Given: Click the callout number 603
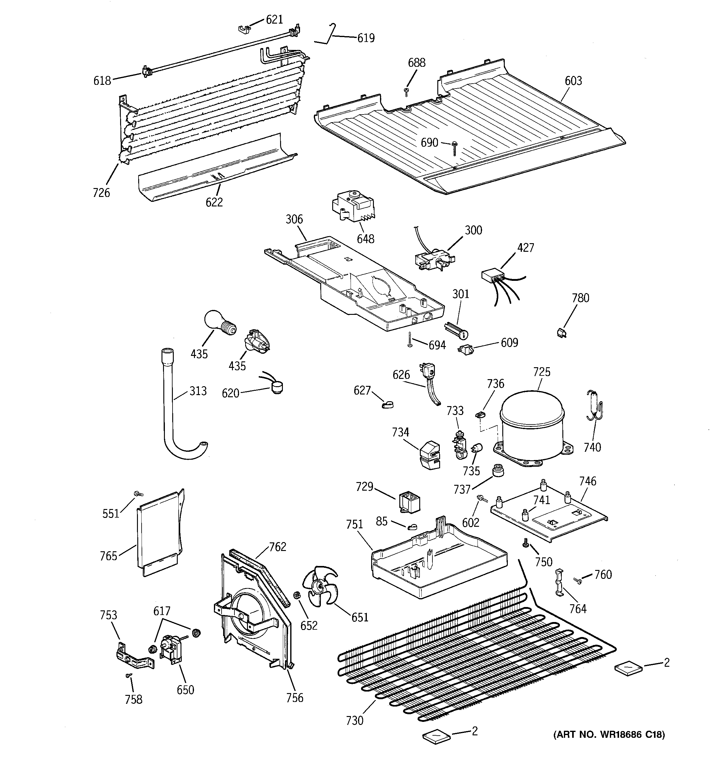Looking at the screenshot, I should (573, 81).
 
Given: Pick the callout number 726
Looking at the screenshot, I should (101, 193).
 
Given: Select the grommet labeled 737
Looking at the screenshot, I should (497, 471).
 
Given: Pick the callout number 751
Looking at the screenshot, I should (354, 525).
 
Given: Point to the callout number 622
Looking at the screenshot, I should (214, 202).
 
